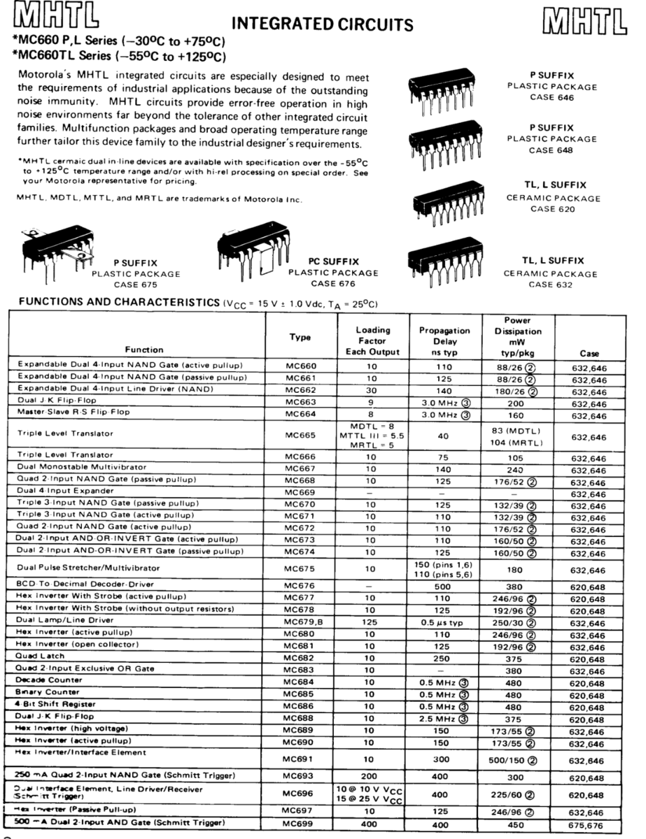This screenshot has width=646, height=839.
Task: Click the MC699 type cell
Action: tap(301, 822)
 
